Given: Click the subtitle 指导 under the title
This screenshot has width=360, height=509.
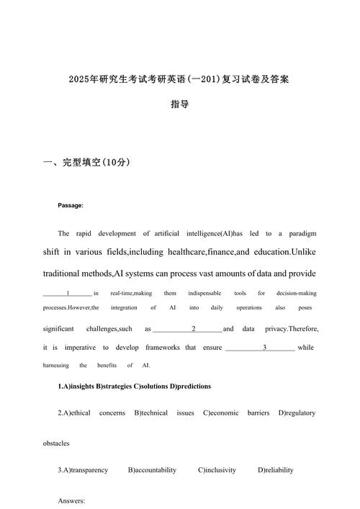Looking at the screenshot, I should pos(180,104).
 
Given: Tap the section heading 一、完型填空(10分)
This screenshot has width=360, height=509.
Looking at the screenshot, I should pos(87,163).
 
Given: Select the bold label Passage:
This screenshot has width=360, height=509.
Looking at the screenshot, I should pos(71,206).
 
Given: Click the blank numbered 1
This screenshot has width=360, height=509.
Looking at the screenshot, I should pos(68,294).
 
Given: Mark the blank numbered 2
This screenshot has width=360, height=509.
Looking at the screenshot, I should pos(194,328).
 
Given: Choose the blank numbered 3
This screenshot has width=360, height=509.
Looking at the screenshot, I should pos(265,347).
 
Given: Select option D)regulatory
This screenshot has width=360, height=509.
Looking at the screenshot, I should pos(297,413).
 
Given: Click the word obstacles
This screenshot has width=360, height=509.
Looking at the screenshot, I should pos(56,443).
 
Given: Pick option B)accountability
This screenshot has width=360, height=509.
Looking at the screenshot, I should pos(152,470).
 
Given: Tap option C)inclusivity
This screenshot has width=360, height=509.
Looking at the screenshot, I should pos(217,470).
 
